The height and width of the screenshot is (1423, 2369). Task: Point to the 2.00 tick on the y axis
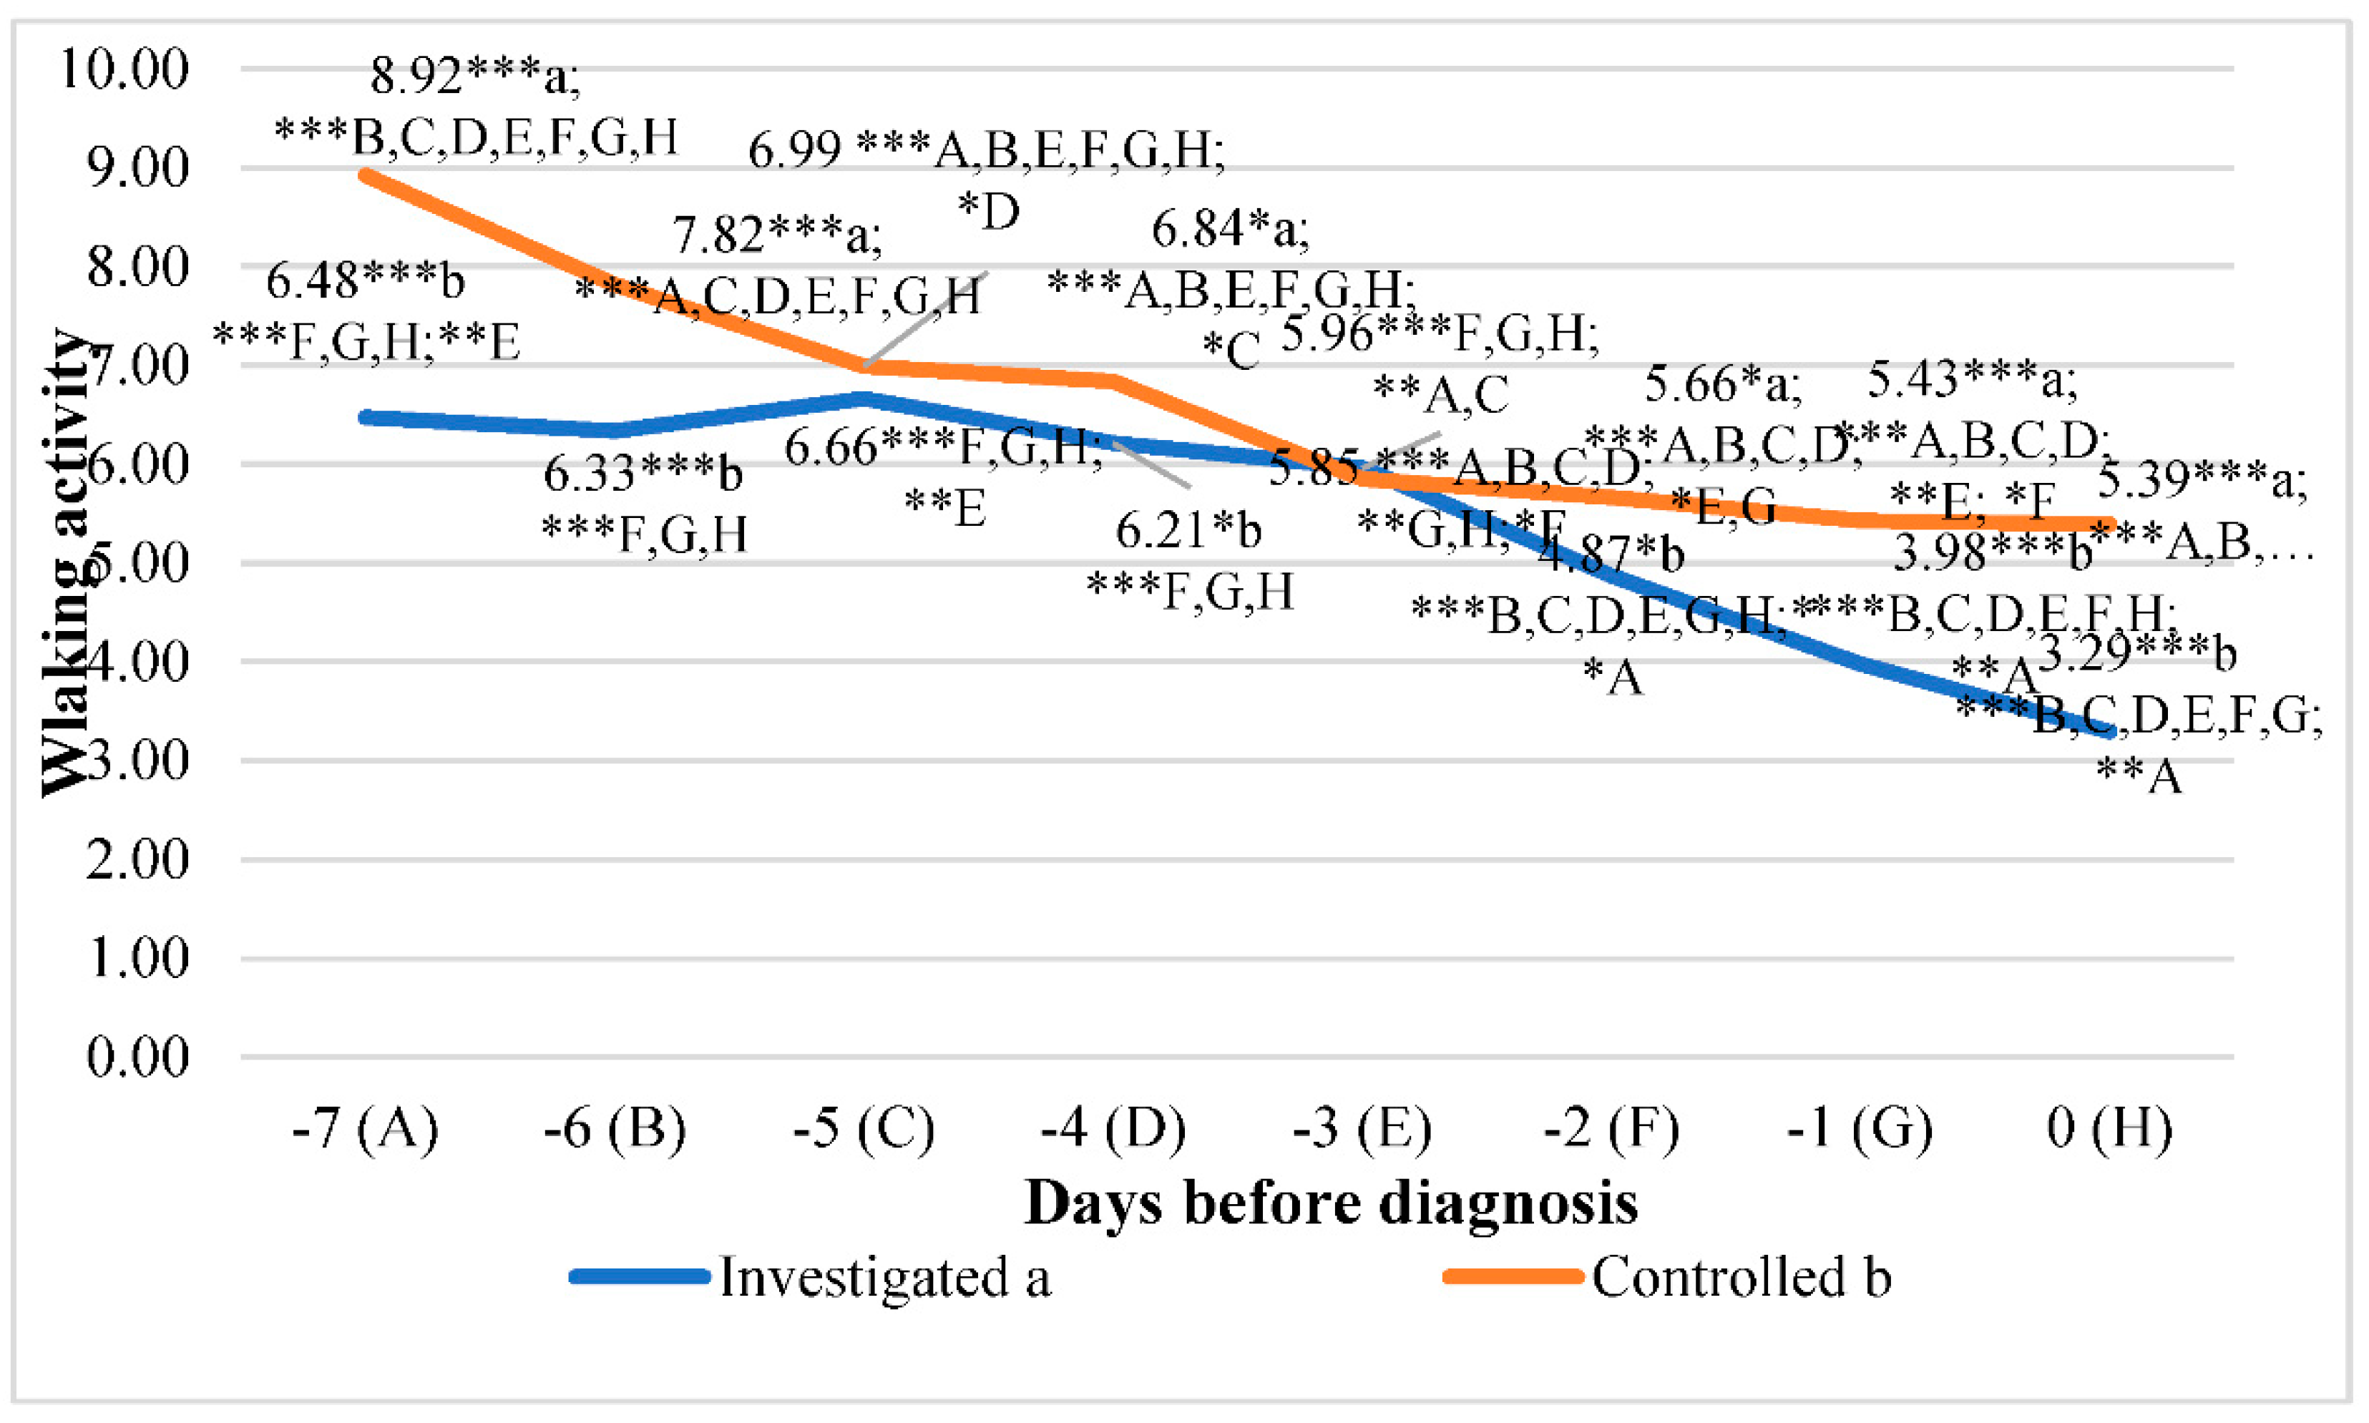tap(137, 859)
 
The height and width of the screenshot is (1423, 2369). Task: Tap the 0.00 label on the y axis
tap(137, 1057)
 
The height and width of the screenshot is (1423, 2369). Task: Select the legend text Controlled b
tap(1741, 1277)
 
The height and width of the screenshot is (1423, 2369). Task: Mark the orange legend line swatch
tap(1513, 1277)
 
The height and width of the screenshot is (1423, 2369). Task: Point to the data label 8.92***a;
tap(476, 76)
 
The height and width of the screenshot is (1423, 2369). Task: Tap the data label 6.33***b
tap(643, 473)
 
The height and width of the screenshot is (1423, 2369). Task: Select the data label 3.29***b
tap(2136, 653)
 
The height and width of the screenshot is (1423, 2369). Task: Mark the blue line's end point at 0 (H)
tap(2109, 733)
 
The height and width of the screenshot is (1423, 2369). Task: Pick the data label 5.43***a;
tap(1972, 380)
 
